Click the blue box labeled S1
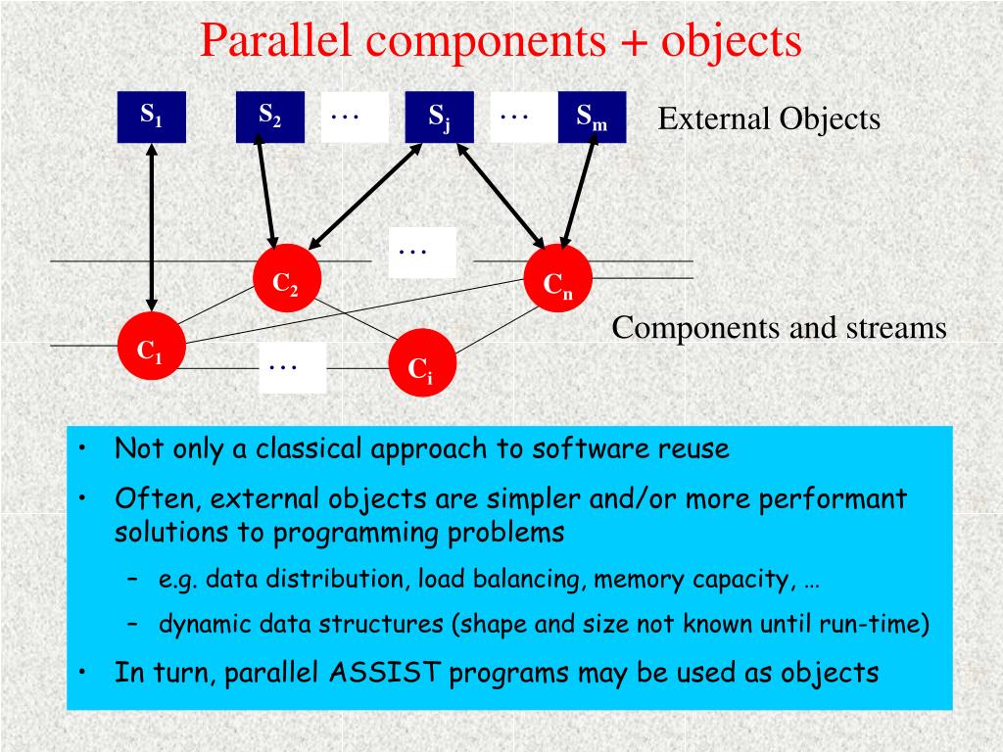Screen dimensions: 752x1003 (x=151, y=117)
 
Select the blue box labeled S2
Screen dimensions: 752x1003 (x=269, y=117)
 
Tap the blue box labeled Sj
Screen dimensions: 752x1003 (x=439, y=117)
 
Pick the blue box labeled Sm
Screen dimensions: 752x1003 (x=592, y=117)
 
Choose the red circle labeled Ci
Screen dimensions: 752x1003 (x=421, y=363)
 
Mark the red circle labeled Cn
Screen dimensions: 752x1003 (x=558, y=284)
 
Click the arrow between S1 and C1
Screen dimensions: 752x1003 (x=151, y=227)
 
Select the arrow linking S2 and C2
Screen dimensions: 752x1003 (x=266, y=191)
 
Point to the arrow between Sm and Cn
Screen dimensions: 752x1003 (x=579, y=191)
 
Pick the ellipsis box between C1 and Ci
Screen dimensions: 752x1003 (x=292, y=368)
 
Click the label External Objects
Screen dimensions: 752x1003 (x=769, y=119)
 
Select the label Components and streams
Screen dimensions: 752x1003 (x=779, y=328)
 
